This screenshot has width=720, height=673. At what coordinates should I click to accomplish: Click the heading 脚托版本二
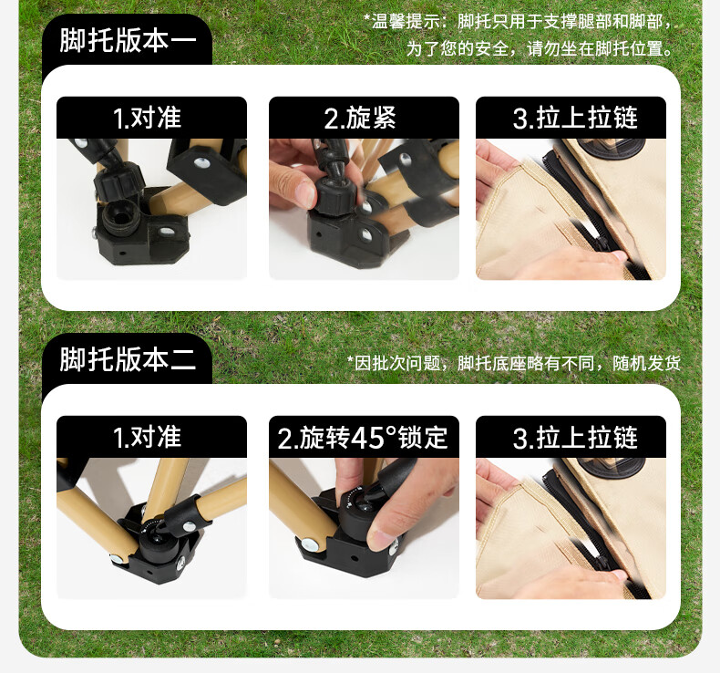(x=127, y=359)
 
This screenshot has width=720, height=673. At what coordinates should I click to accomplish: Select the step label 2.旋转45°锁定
(x=363, y=438)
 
